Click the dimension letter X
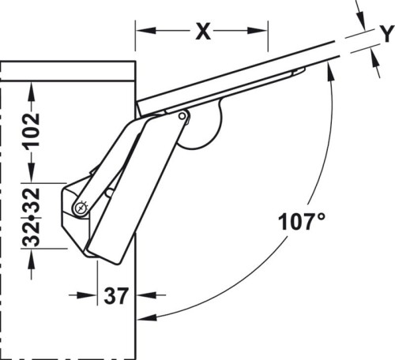pyautogui.click(x=204, y=32)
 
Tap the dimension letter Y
pyautogui.click(x=386, y=34)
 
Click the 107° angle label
pyautogui.click(x=301, y=221)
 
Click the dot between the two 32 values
pyautogui.click(x=31, y=216)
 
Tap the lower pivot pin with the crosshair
pyautogui.click(x=81, y=208)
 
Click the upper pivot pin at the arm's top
pyautogui.click(x=182, y=118)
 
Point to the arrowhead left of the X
pyautogui.click(x=142, y=32)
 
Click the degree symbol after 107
pyautogui.click(x=320, y=215)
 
